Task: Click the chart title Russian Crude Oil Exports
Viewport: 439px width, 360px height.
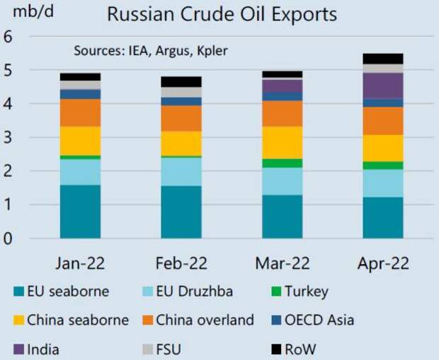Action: coord(221,13)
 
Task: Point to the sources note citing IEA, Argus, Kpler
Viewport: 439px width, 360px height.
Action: coord(151,51)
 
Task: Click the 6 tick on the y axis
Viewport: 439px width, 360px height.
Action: coord(8,37)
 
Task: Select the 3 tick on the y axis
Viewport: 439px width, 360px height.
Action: coord(8,138)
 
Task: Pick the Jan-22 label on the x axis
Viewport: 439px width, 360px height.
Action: coord(80,263)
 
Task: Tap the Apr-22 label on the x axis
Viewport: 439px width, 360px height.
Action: coord(382,263)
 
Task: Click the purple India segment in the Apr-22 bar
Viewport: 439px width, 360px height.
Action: coord(382,86)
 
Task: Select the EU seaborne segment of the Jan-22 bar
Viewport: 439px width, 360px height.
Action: coord(80,211)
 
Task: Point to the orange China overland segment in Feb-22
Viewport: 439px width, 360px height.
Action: coord(181,118)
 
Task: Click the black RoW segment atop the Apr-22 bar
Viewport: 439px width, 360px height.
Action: coord(382,59)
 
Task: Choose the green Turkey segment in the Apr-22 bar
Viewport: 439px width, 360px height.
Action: coord(382,165)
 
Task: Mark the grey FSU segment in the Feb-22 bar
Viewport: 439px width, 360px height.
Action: coord(181,92)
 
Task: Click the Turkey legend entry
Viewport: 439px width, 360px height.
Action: coord(298,291)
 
